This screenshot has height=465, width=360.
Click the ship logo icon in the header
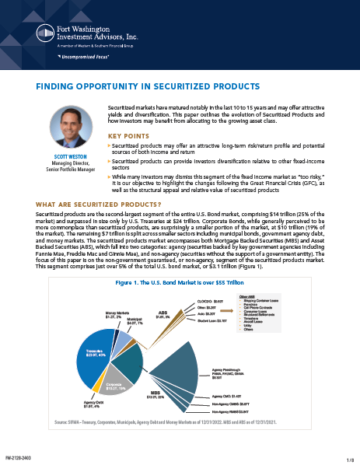click(46, 33)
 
